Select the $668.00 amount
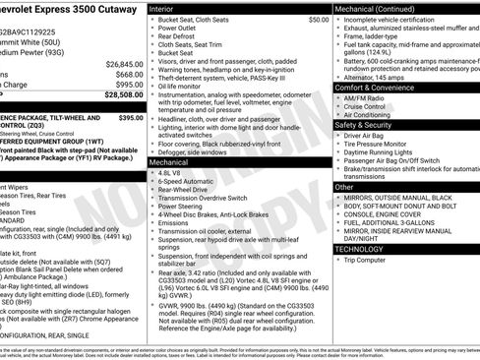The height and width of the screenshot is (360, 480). [x=130, y=74]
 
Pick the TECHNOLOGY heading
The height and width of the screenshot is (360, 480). [x=358, y=249]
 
